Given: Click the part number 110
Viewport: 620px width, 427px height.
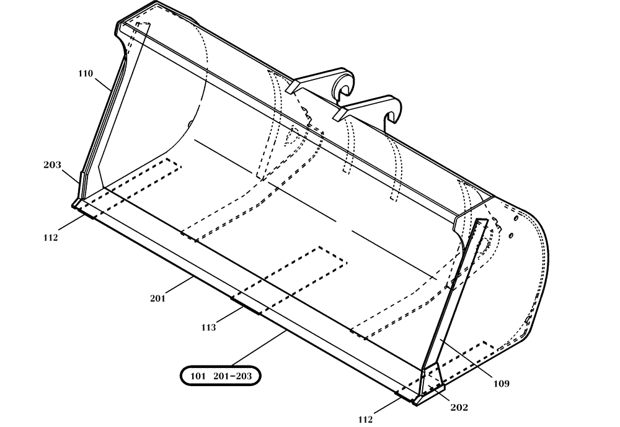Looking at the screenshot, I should (86, 74).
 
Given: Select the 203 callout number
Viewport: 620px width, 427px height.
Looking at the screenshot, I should (52, 165).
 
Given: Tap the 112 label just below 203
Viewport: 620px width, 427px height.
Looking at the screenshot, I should (51, 237).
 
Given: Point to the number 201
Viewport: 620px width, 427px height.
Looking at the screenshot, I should (157, 299).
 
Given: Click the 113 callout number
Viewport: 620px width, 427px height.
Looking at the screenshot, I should (208, 327).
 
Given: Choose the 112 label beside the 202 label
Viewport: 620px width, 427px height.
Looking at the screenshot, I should (366, 420).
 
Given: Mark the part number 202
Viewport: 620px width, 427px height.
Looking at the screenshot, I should (460, 408).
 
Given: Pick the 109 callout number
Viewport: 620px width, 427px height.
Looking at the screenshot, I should (502, 384).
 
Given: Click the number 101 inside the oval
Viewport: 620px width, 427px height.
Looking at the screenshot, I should (197, 375).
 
